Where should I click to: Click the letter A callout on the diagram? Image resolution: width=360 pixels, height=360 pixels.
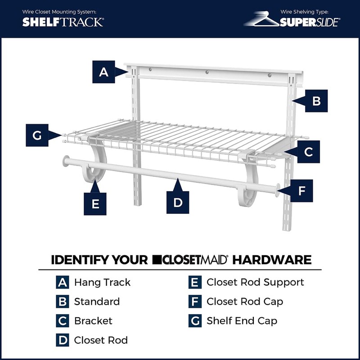click(104, 72)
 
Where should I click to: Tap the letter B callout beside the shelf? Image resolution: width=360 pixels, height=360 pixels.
click(316, 101)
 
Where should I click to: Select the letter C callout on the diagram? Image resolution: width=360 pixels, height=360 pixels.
click(308, 152)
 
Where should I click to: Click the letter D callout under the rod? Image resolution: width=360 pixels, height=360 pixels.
click(178, 202)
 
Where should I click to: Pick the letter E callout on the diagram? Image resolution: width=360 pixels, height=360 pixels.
click(95, 204)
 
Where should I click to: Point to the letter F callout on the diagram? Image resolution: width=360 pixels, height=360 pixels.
click(301, 191)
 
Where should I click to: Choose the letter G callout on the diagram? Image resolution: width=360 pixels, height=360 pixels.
click(37, 135)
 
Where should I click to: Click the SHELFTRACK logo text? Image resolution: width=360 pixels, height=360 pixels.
click(63, 22)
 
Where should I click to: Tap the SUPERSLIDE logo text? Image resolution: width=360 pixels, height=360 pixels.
click(310, 22)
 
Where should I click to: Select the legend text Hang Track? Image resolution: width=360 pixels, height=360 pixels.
click(102, 283)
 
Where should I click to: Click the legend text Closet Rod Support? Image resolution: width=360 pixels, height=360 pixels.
click(255, 282)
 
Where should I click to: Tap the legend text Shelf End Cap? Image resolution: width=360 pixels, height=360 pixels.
click(242, 321)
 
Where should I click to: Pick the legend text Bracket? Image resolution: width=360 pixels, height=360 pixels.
click(93, 321)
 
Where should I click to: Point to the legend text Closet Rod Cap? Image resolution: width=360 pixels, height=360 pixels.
click(245, 301)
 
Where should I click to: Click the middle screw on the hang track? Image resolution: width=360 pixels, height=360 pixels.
click(207, 72)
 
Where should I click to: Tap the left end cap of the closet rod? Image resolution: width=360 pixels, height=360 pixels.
click(67, 162)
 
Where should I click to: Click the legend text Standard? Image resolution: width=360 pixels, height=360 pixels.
click(97, 301)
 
